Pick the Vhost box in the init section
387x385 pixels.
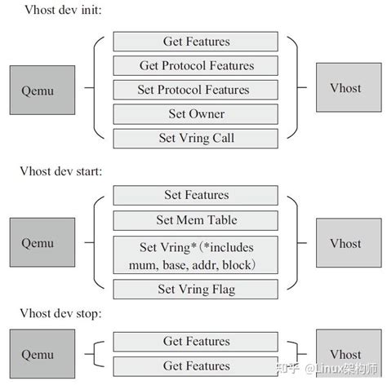(345, 87)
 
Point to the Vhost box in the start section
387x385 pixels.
(345, 242)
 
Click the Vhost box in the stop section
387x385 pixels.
(345, 355)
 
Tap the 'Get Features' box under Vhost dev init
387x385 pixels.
(196, 42)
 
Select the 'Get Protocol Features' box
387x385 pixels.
(196, 65)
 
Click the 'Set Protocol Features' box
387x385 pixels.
(196, 90)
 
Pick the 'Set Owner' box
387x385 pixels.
(196, 113)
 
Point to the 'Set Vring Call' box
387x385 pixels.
(196, 138)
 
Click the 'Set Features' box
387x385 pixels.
(196, 195)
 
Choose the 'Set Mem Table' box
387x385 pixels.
(196, 219)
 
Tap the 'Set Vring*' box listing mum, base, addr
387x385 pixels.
(196, 254)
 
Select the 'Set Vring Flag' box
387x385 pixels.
(196, 290)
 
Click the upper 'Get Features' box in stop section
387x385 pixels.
(196, 341)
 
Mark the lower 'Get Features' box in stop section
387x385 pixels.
(196, 365)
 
